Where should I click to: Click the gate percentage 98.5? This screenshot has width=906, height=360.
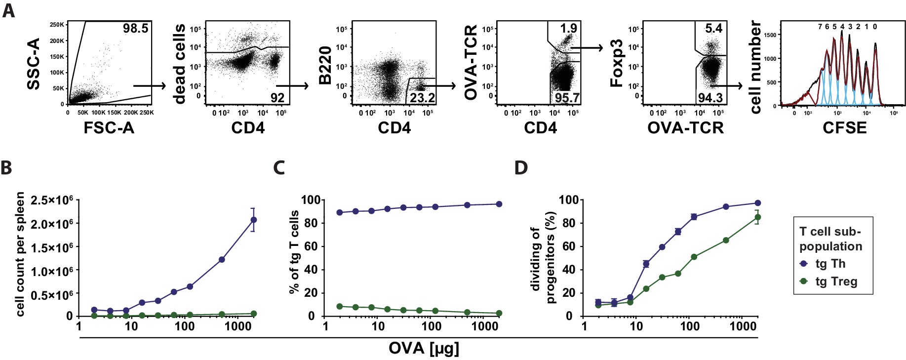click(x=135, y=29)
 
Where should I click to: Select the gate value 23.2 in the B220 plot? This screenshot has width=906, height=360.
click(x=422, y=98)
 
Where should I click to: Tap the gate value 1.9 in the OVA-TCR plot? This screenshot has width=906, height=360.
click(x=568, y=28)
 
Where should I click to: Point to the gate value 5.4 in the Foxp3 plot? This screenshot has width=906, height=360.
click(x=713, y=28)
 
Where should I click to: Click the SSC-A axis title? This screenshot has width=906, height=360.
click(x=34, y=64)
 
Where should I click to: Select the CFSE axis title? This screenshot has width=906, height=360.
click(x=844, y=128)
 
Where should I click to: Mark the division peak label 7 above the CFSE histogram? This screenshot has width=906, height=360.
click(x=820, y=27)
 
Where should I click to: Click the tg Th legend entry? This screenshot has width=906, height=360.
click(x=830, y=264)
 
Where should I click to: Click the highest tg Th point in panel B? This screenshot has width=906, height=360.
click(x=253, y=220)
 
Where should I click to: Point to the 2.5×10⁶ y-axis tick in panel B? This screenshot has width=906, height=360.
click(x=52, y=200)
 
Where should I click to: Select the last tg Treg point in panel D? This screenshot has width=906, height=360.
click(x=757, y=217)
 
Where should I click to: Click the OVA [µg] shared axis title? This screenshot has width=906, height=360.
click(x=424, y=348)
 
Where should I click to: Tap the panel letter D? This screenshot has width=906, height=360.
click(x=521, y=167)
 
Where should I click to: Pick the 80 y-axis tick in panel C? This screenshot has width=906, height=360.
click(x=311, y=223)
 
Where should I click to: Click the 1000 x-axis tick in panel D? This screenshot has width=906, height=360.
click(x=743, y=326)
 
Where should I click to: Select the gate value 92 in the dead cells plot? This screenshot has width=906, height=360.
click(x=277, y=98)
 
